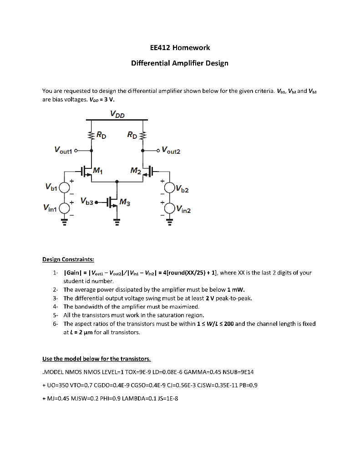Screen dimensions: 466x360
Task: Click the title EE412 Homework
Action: coord(180,47)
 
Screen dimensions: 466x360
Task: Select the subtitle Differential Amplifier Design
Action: coord(180,63)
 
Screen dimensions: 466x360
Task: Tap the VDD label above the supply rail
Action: coord(117,114)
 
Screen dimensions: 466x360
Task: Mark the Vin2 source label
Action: coord(183,210)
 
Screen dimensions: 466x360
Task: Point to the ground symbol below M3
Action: coord(117,223)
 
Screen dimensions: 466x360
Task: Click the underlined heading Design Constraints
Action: coord(68,259)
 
